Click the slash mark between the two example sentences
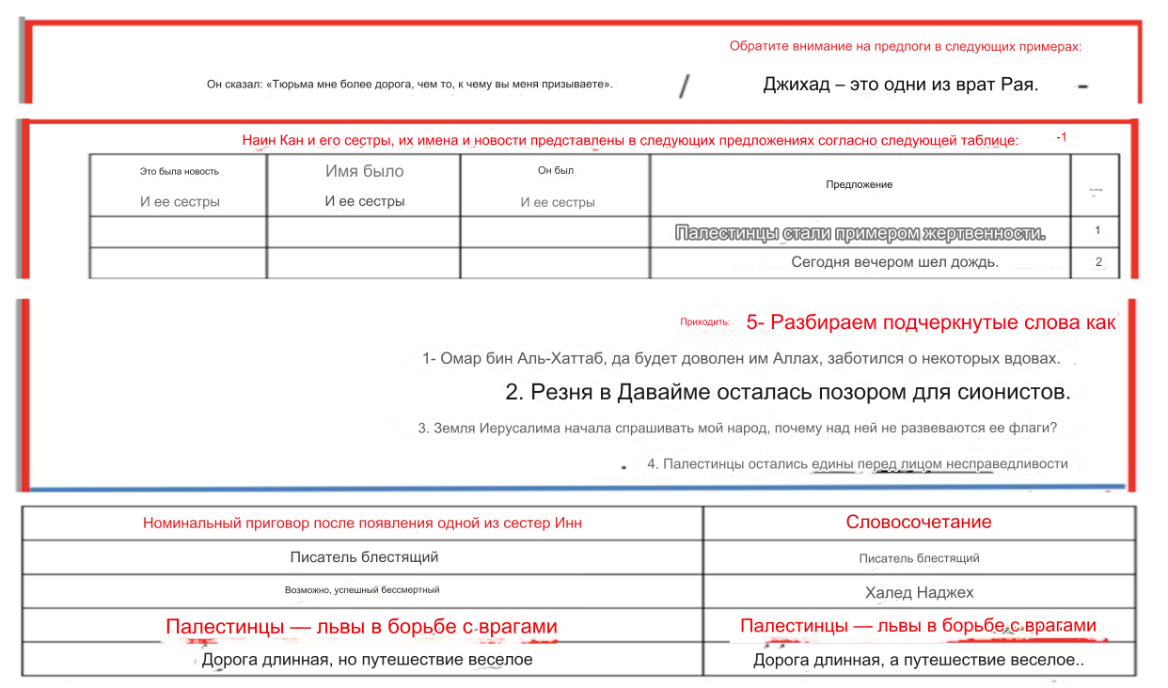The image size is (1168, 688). click(x=685, y=86)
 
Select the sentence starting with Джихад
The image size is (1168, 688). click(x=900, y=85)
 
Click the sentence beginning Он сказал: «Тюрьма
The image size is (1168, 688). click(x=410, y=85)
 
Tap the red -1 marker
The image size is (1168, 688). click(x=1061, y=137)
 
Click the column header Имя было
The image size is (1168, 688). click(x=365, y=171)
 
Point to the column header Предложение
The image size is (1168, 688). click(x=859, y=184)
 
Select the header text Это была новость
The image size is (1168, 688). click(x=179, y=171)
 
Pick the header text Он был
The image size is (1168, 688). click(x=557, y=170)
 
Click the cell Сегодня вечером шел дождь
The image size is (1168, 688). click(x=894, y=262)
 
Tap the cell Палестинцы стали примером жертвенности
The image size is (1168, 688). click(x=860, y=232)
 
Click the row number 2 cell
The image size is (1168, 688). click(x=1097, y=262)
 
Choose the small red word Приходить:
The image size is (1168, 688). click(x=704, y=321)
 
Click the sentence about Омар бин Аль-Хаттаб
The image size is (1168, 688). click(x=741, y=358)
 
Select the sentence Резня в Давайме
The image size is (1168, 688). click(x=787, y=392)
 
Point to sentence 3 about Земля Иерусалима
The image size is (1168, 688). click(x=737, y=429)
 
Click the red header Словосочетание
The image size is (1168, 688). click(x=918, y=523)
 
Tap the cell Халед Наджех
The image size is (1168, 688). click(x=919, y=592)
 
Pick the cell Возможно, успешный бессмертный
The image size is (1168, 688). click(x=362, y=590)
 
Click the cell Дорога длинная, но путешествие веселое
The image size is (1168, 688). click(x=367, y=660)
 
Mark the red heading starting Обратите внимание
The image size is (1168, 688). click(x=905, y=46)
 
